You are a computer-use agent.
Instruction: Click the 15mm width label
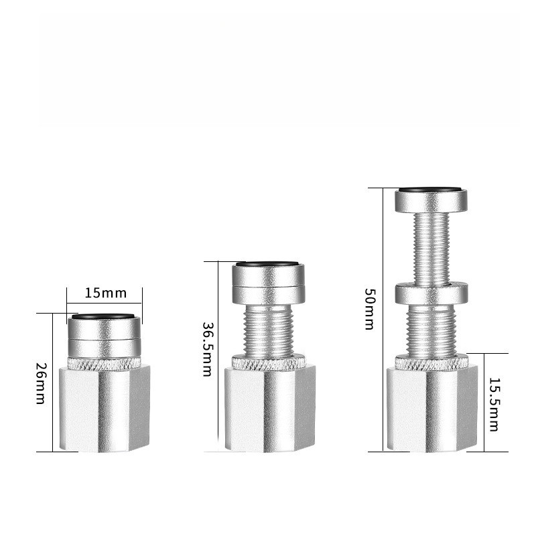point(106,293)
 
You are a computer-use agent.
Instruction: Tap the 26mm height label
point(41,383)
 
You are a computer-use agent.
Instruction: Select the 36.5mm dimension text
point(208,349)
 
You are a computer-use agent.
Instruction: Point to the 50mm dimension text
point(370,309)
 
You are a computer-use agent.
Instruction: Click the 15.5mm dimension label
point(494,405)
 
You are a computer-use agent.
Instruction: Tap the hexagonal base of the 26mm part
point(105,409)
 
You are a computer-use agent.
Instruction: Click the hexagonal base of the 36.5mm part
point(270,409)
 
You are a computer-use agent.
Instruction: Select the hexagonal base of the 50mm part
point(432,409)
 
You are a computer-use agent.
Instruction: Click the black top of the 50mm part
point(431,190)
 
